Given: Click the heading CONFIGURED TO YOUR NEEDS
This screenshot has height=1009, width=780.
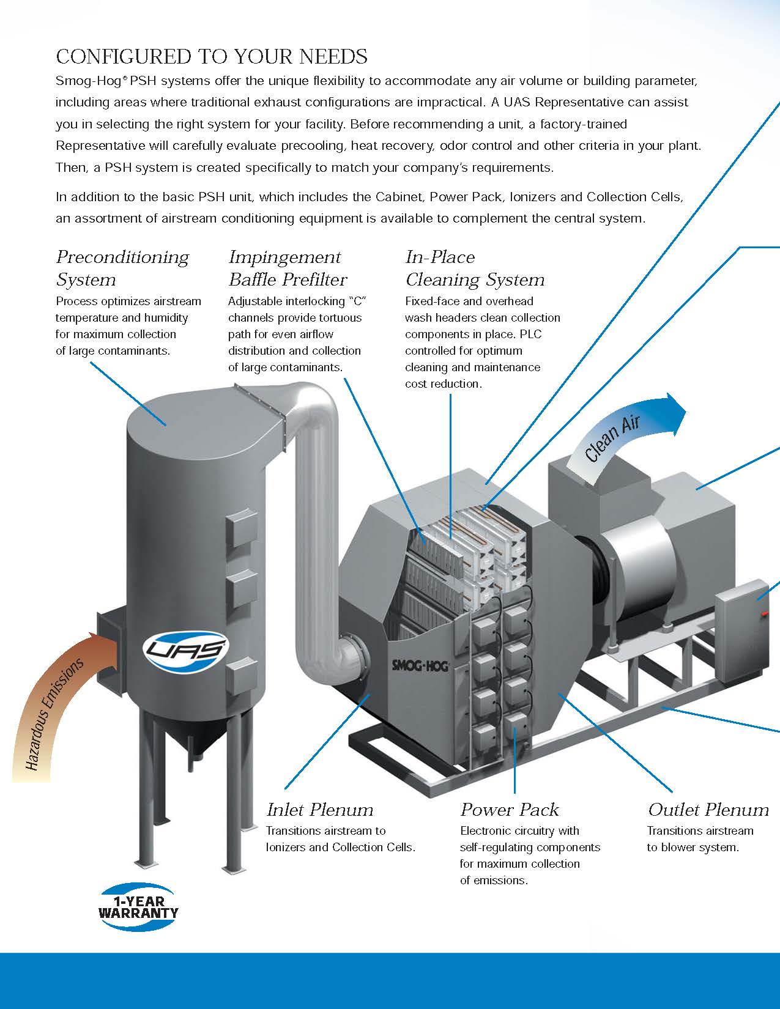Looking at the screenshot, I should [212, 57].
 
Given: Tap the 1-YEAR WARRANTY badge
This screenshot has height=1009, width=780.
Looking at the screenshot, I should [139, 907].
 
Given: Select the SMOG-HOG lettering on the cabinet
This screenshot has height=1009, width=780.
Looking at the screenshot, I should [420, 665].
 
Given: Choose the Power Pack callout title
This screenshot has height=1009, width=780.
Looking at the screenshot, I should [510, 810].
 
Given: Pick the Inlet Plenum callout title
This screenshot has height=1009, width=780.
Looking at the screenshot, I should [320, 810].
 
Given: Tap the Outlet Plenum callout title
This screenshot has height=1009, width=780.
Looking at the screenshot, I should [708, 810].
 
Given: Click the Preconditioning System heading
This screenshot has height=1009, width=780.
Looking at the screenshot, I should [122, 268].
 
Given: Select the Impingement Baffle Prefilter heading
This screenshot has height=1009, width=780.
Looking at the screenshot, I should [288, 268].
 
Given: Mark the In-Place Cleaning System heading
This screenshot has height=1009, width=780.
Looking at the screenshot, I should [475, 268].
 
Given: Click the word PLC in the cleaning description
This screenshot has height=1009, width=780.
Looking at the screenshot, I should [532, 334].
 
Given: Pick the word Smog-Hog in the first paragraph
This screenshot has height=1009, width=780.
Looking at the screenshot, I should [79, 81].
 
